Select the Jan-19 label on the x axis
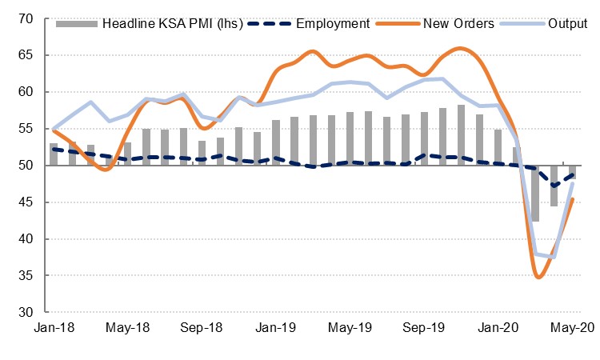click(276, 327)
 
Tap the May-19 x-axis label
click(350, 327)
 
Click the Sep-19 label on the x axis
click(425, 327)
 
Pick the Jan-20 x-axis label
click(499, 327)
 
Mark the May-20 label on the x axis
click(573, 327)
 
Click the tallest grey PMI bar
click(462, 135)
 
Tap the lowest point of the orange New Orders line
click(538, 278)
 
